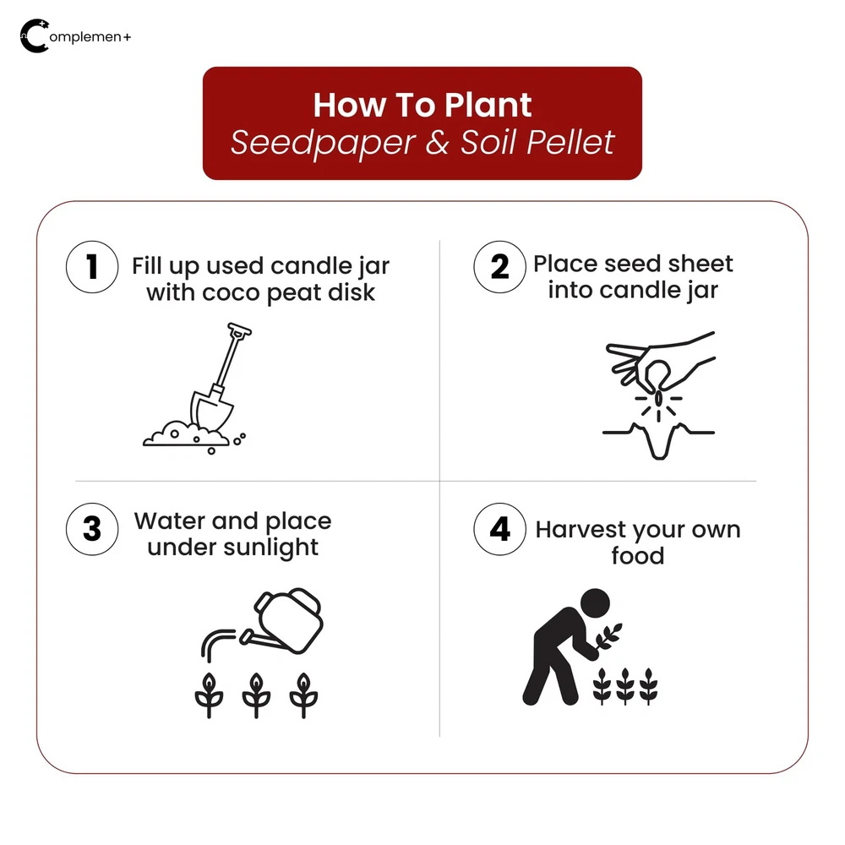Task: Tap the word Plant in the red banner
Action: click(x=488, y=105)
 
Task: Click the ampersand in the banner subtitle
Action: click(x=437, y=142)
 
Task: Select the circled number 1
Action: click(x=92, y=267)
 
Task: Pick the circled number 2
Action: click(x=499, y=267)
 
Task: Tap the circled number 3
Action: click(x=92, y=529)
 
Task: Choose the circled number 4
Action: click(x=499, y=529)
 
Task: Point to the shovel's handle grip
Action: click(x=239, y=330)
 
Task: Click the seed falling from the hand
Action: click(x=658, y=400)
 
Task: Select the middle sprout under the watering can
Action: click(x=256, y=695)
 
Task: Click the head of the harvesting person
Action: click(x=595, y=603)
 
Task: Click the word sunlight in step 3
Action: click(x=270, y=548)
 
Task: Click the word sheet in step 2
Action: click(x=700, y=264)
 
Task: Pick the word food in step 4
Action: click(x=637, y=556)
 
